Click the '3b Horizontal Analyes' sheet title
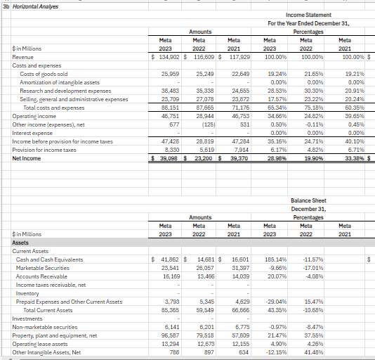(x=31, y=6)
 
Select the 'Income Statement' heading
(x=310, y=14)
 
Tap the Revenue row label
(x=23, y=56)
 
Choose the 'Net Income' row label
(x=27, y=158)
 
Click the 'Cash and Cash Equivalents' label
(x=51, y=259)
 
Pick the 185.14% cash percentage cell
(x=276, y=259)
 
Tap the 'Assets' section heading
(x=22, y=242)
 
